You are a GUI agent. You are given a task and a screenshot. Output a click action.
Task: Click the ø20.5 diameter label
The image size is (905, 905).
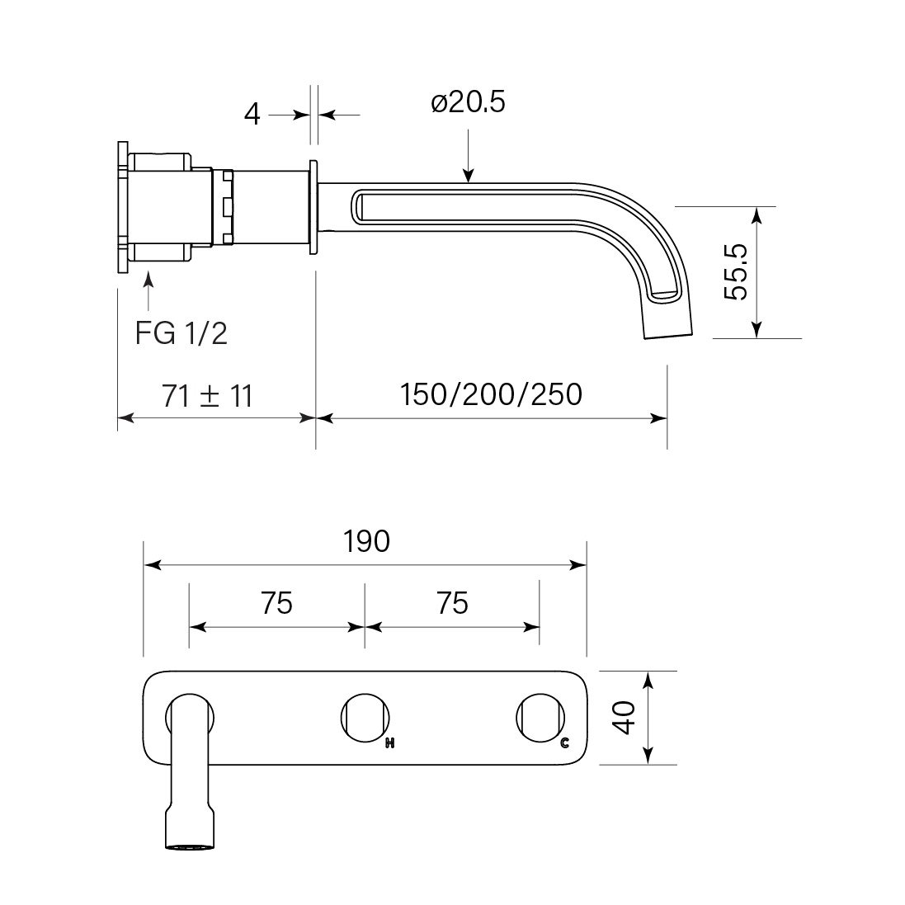[468, 102]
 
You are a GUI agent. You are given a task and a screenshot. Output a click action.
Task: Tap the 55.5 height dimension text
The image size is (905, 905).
[736, 272]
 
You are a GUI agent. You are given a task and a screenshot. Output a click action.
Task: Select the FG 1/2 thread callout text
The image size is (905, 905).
[181, 333]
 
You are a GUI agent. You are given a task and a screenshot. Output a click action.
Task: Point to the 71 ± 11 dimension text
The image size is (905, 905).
[207, 396]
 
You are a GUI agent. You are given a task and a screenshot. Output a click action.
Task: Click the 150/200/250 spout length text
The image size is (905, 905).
[491, 394]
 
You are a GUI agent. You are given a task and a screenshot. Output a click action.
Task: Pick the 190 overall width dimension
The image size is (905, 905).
[366, 541]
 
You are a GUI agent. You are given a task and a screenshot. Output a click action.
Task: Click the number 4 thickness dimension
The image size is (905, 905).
[252, 115]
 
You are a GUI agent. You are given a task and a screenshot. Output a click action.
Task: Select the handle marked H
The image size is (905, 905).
[365, 718]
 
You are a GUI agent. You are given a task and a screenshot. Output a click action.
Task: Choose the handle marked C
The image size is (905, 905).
[540, 718]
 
